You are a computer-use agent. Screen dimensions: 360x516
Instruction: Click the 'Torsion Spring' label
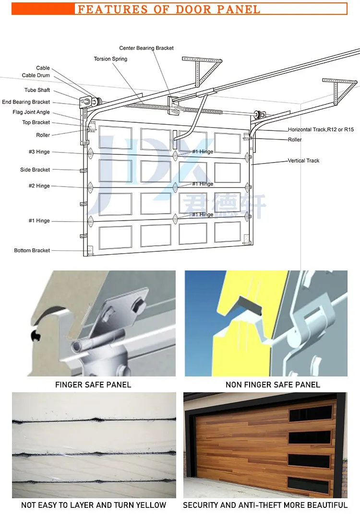[x=110, y=59]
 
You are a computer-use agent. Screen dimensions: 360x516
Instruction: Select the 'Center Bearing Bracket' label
[x=146, y=48]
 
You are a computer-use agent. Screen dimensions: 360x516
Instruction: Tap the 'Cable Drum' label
[x=36, y=75]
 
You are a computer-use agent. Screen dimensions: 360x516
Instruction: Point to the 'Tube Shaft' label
[x=37, y=90]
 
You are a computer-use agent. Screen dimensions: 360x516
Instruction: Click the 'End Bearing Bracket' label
[x=26, y=102]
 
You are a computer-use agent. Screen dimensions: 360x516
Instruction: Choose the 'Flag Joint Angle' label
[x=31, y=112]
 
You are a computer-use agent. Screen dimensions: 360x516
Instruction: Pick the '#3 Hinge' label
[x=39, y=152]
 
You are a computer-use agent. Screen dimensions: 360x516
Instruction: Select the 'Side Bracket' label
[x=35, y=170]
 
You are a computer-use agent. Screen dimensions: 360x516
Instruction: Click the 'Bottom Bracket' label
[x=32, y=250]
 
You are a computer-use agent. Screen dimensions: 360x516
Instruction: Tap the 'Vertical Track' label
[x=303, y=161]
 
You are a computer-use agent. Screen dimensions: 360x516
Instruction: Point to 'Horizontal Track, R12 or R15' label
[x=321, y=129]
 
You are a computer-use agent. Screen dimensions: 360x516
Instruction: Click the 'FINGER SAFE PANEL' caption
[x=93, y=385]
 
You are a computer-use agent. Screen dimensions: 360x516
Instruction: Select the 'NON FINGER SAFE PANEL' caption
[x=273, y=385]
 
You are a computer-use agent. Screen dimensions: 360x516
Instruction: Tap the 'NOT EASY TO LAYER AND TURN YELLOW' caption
[x=94, y=505]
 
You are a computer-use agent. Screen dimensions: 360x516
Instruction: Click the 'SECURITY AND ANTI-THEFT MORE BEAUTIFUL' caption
[x=265, y=505]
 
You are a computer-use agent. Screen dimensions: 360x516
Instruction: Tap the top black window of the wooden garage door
[x=310, y=413]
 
